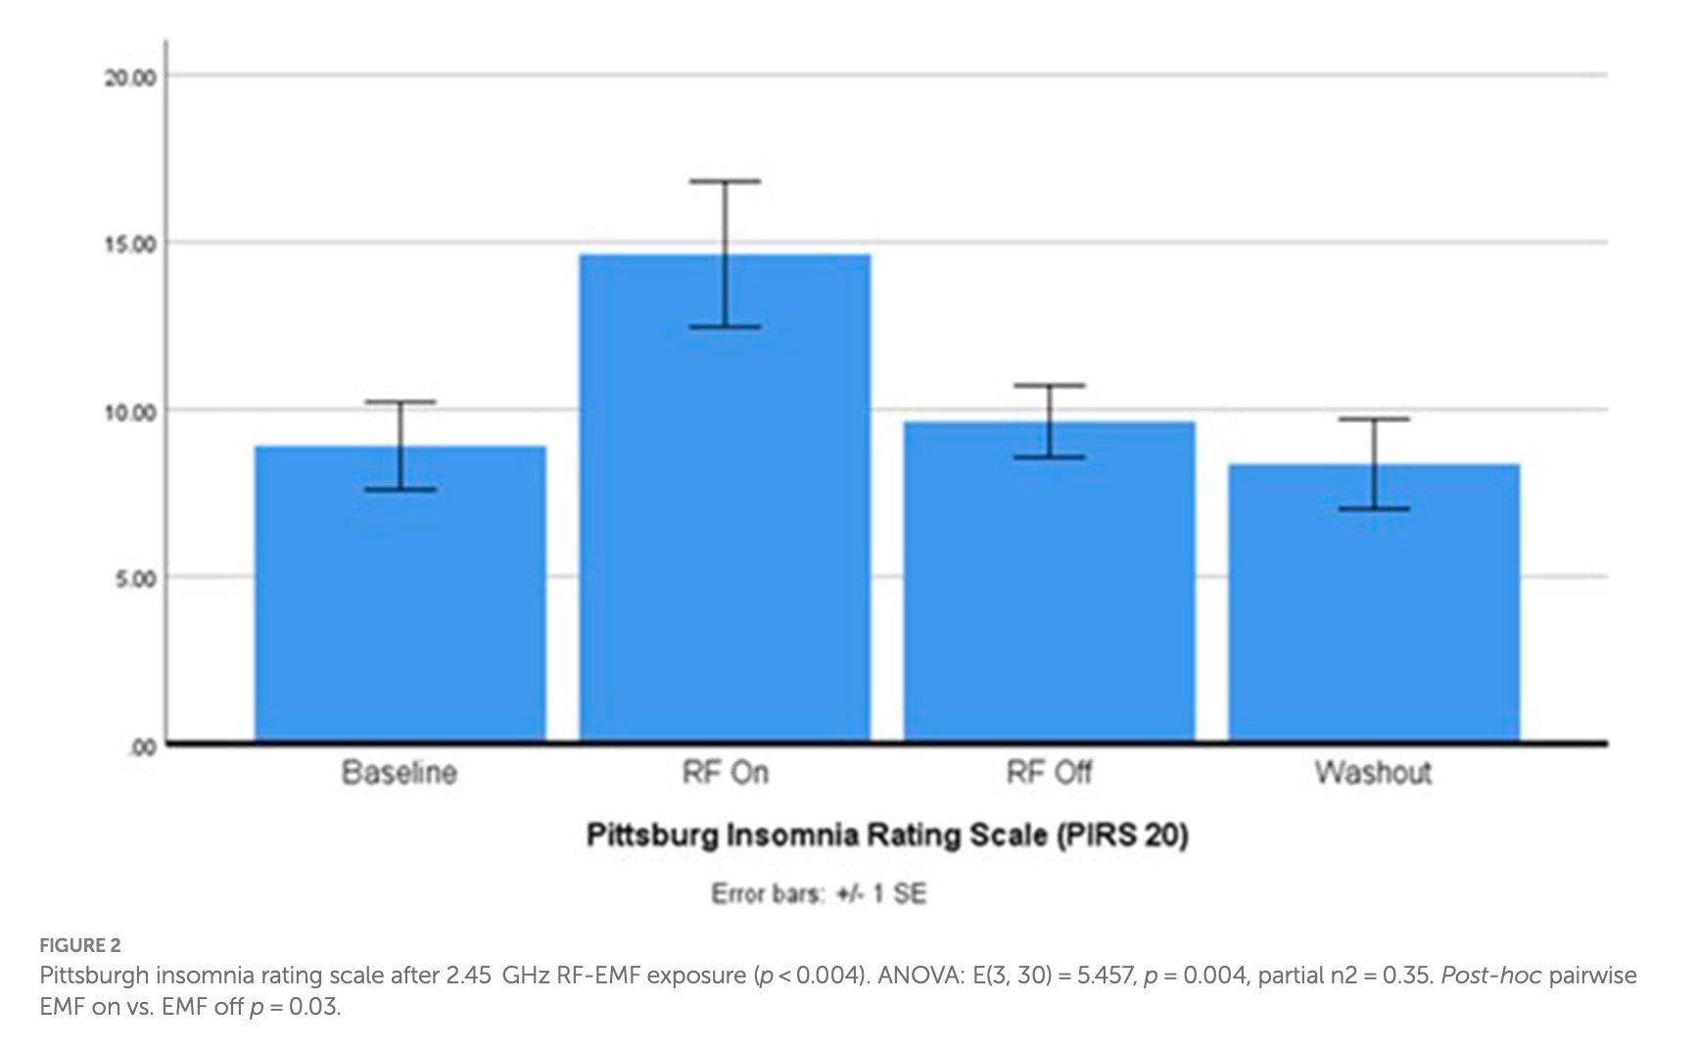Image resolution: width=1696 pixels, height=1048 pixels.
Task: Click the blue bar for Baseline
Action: pyautogui.click(x=400, y=594)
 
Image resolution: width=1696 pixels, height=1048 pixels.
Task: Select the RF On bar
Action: pyautogui.click(x=725, y=498)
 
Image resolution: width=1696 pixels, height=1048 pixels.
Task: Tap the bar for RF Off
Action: pyautogui.click(x=1049, y=582)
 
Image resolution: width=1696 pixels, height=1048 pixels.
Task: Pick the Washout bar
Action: pyautogui.click(x=1374, y=602)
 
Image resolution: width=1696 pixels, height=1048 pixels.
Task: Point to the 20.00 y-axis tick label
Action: pyautogui.click(x=130, y=77)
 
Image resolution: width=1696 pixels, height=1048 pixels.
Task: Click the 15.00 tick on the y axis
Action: pyautogui.click(x=130, y=244)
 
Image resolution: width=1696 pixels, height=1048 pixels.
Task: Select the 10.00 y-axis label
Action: pyautogui.click(x=130, y=411)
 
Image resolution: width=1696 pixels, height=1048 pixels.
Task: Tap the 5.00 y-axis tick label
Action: pyautogui.click(x=136, y=579)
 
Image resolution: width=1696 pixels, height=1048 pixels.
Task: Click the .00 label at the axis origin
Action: pyautogui.click(x=143, y=748)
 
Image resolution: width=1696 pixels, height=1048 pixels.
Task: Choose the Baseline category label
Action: pyautogui.click(x=400, y=773)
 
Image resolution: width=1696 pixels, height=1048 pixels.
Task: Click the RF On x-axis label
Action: pyautogui.click(x=726, y=773)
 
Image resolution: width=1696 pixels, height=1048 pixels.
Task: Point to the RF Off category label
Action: pyautogui.click(x=1049, y=773)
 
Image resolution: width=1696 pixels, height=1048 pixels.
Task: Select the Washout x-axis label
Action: pyautogui.click(x=1373, y=773)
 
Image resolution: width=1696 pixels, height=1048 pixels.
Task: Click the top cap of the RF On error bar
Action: pyautogui.click(x=725, y=181)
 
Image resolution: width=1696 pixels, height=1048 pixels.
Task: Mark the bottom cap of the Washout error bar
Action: pyautogui.click(x=1375, y=509)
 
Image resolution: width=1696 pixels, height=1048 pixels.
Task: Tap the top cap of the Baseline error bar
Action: pyautogui.click(x=400, y=402)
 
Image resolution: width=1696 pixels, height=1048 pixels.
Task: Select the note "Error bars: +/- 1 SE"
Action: pyautogui.click(x=819, y=894)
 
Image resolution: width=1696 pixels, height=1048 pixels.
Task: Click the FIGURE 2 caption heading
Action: pyautogui.click(x=80, y=945)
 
